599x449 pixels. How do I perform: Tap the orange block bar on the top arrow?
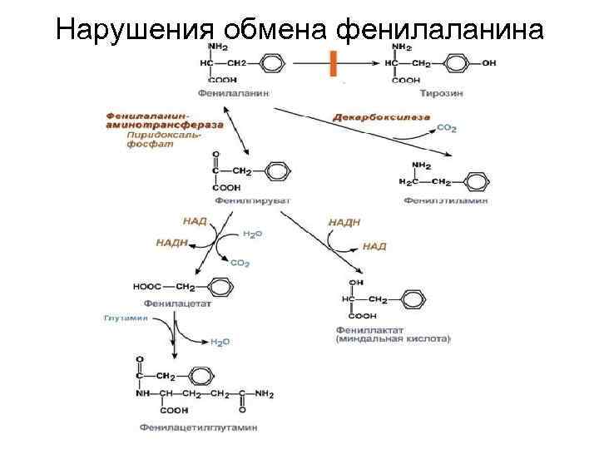pyautogui.click(x=333, y=63)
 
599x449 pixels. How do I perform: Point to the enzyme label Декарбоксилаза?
pyautogui.click(x=381, y=117)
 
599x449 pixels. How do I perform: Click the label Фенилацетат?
pyautogui.click(x=177, y=303)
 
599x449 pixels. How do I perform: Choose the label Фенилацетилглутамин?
pyautogui.click(x=197, y=427)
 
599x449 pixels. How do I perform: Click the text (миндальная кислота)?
pyautogui.click(x=393, y=339)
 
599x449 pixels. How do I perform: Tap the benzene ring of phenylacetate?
pyautogui.click(x=218, y=288)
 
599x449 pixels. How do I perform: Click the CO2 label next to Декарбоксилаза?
pyautogui.click(x=446, y=129)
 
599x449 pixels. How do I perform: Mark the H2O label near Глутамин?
pyautogui.click(x=220, y=341)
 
